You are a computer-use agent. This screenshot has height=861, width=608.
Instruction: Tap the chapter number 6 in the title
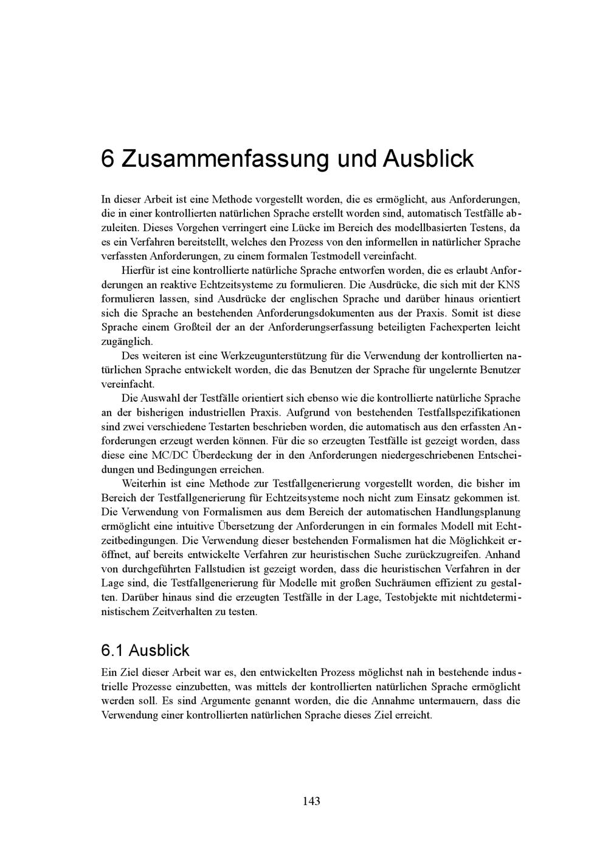click(108, 159)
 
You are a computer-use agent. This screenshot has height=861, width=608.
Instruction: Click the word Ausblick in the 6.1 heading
click(159, 650)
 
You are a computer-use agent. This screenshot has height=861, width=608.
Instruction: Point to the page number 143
click(311, 801)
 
